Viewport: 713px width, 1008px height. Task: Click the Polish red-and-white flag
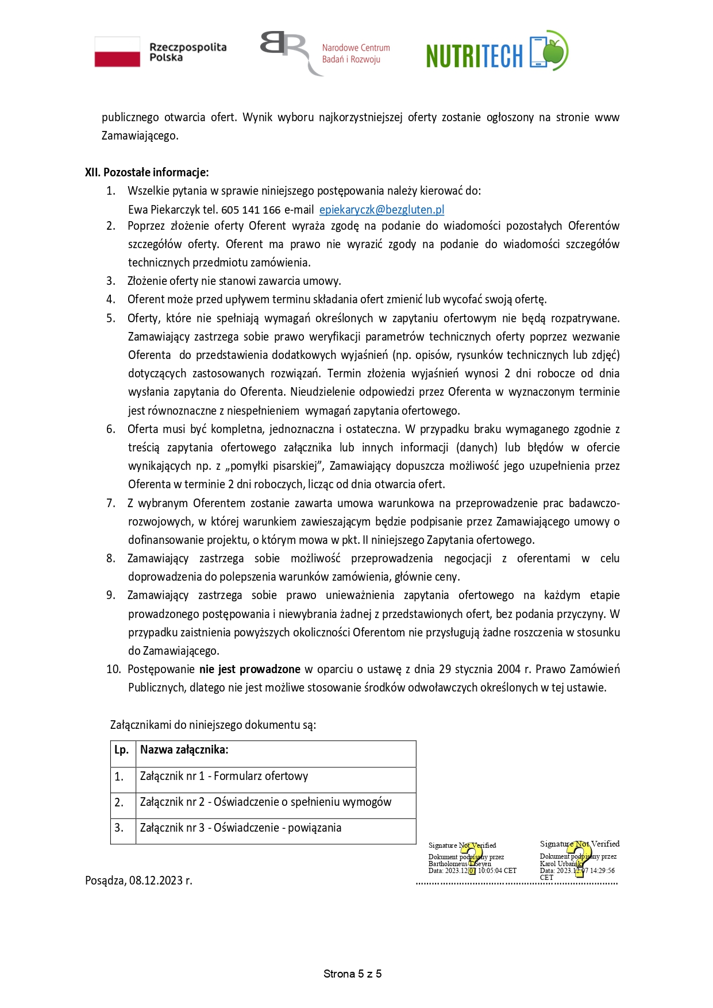click(x=117, y=52)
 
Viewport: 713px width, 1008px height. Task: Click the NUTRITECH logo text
click(x=475, y=56)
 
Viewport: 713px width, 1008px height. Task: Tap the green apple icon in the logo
click(x=554, y=51)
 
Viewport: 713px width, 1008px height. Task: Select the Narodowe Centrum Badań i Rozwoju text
click(x=356, y=53)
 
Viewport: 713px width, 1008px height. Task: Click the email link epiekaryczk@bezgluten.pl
click(x=381, y=210)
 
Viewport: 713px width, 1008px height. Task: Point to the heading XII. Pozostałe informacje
click(x=147, y=172)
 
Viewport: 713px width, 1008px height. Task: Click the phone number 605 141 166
click(x=251, y=210)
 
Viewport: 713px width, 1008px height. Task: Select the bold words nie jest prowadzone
click(x=250, y=669)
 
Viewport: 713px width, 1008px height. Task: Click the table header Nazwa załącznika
click(x=184, y=750)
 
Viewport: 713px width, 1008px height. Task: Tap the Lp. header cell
click(x=121, y=750)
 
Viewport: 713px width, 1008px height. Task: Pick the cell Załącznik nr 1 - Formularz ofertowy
click(x=224, y=777)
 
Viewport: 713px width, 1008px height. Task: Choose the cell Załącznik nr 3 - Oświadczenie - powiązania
click(x=241, y=828)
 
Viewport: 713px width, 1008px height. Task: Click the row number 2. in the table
click(x=119, y=802)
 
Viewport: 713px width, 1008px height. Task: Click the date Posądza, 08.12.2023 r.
click(x=138, y=880)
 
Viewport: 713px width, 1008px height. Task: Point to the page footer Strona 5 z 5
click(x=352, y=974)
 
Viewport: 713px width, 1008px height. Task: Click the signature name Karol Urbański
click(x=561, y=864)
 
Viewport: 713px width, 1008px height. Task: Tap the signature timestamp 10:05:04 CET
click(x=498, y=871)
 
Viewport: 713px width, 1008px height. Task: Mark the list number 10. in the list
click(x=113, y=669)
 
